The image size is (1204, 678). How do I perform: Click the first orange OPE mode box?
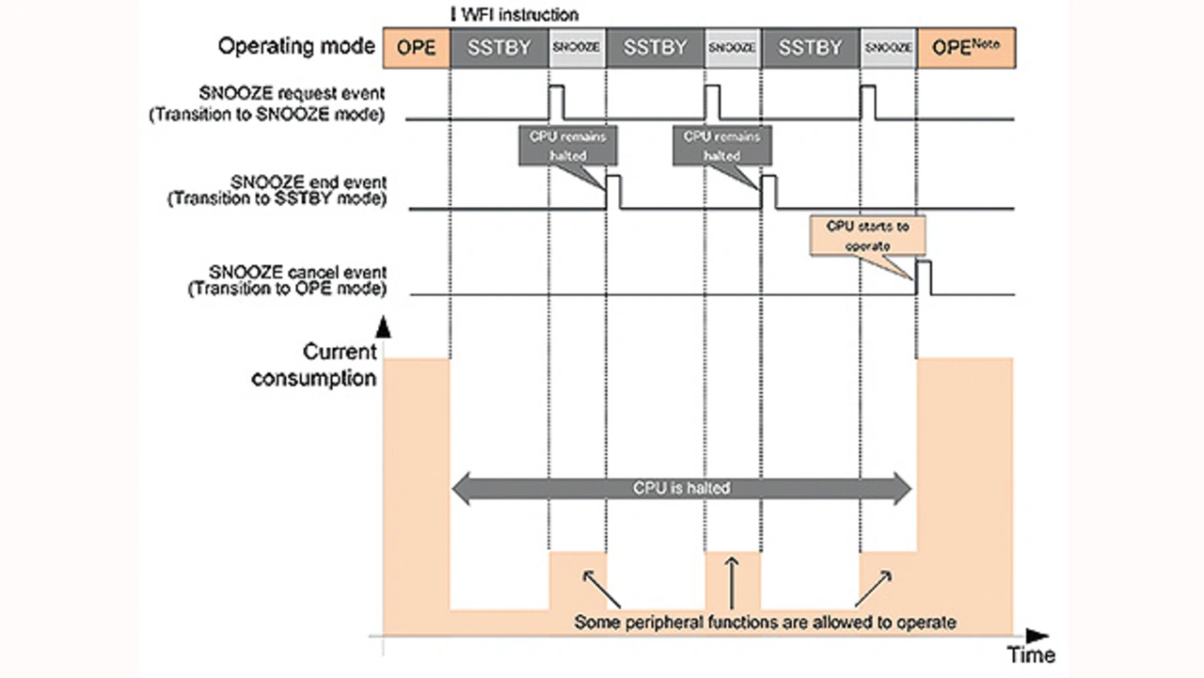416,47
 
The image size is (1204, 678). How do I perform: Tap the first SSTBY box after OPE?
499,47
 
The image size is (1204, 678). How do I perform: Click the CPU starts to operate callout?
867,234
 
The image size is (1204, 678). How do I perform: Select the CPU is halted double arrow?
682,487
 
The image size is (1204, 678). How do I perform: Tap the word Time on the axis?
1032,654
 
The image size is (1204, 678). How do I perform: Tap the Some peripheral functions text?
765,622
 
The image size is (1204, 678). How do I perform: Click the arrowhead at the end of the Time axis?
1037,636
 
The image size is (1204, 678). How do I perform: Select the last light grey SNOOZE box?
888,47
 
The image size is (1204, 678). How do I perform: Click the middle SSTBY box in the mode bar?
656,47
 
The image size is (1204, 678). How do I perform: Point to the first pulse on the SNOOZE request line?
556,102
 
